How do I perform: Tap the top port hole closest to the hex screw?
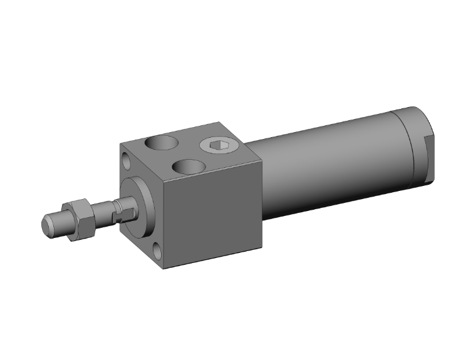(x=189, y=166)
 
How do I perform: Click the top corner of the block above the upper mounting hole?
(x=120, y=144)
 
